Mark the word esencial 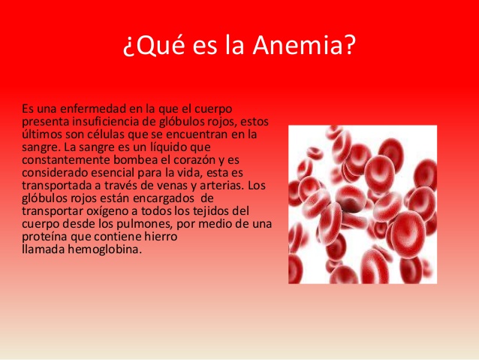116,173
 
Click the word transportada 56,186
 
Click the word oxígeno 114,211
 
